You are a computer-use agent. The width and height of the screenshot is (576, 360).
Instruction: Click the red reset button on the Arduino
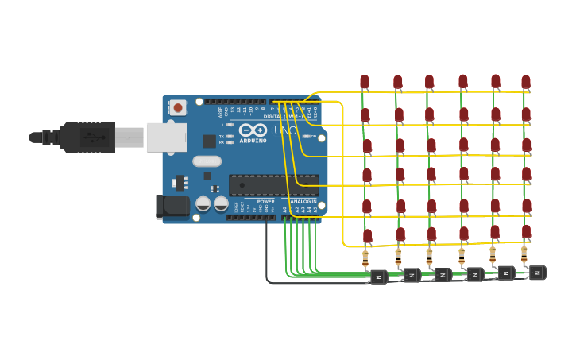coord(178,107)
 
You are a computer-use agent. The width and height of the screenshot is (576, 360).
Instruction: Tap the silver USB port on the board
coord(166,137)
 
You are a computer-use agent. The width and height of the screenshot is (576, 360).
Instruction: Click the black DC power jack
coord(172,207)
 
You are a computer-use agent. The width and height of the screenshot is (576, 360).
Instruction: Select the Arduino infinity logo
coord(252,130)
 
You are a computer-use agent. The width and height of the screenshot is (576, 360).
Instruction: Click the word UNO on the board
coord(285,130)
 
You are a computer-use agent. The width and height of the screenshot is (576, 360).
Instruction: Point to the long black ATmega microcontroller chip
coord(273,185)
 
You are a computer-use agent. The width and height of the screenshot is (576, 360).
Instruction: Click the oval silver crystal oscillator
coord(207,161)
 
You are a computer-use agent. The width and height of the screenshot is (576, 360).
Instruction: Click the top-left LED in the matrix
coord(365,81)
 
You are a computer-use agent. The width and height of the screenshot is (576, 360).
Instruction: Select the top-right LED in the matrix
coord(525,81)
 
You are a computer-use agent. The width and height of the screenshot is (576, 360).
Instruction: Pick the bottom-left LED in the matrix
coord(367,236)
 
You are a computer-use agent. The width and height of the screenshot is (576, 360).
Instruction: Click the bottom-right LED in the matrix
coord(526,232)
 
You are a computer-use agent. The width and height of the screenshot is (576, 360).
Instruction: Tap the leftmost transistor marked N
coord(379,277)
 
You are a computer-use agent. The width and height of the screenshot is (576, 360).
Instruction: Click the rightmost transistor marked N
coord(537,273)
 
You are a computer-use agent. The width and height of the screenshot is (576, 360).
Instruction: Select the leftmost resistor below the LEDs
coord(365,257)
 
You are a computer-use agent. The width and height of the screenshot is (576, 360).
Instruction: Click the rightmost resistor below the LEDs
coord(524,254)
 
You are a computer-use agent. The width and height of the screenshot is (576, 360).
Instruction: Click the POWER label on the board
coord(265,202)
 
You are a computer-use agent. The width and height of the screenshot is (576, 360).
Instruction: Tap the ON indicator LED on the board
coord(307,137)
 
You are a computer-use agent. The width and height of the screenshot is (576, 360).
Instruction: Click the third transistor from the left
coord(443,275)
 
